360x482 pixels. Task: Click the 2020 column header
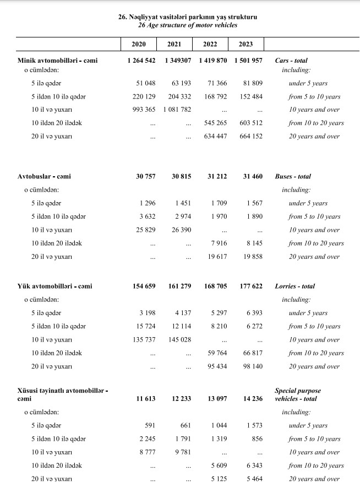pyautogui.click(x=139, y=44)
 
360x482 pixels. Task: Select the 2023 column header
pyautogui.click(x=246, y=44)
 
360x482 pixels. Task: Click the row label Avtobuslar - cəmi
pyautogui.click(x=45, y=177)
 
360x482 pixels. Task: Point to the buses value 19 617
pyautogui.click(x=216, y=257)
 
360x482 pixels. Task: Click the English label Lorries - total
pyautogui.click(x=294, y=286)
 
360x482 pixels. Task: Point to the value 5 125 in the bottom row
pyautogui.click(x=217, y=479)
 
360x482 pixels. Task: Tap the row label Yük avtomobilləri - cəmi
pyautogui.click(x=55, y=286)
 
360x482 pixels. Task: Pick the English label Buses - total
pyautogui.click(x=292, y=177)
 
